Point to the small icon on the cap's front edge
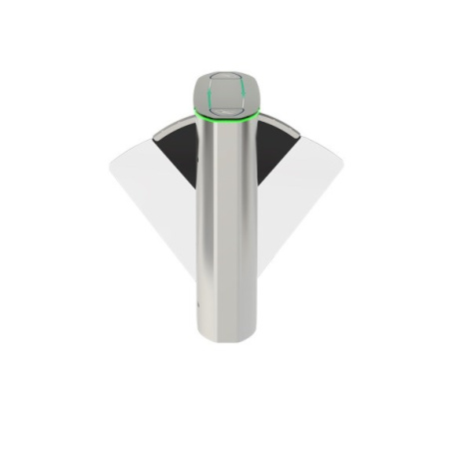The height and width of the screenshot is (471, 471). tap(229, 109)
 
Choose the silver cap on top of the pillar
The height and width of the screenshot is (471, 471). tap(229, 92)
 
